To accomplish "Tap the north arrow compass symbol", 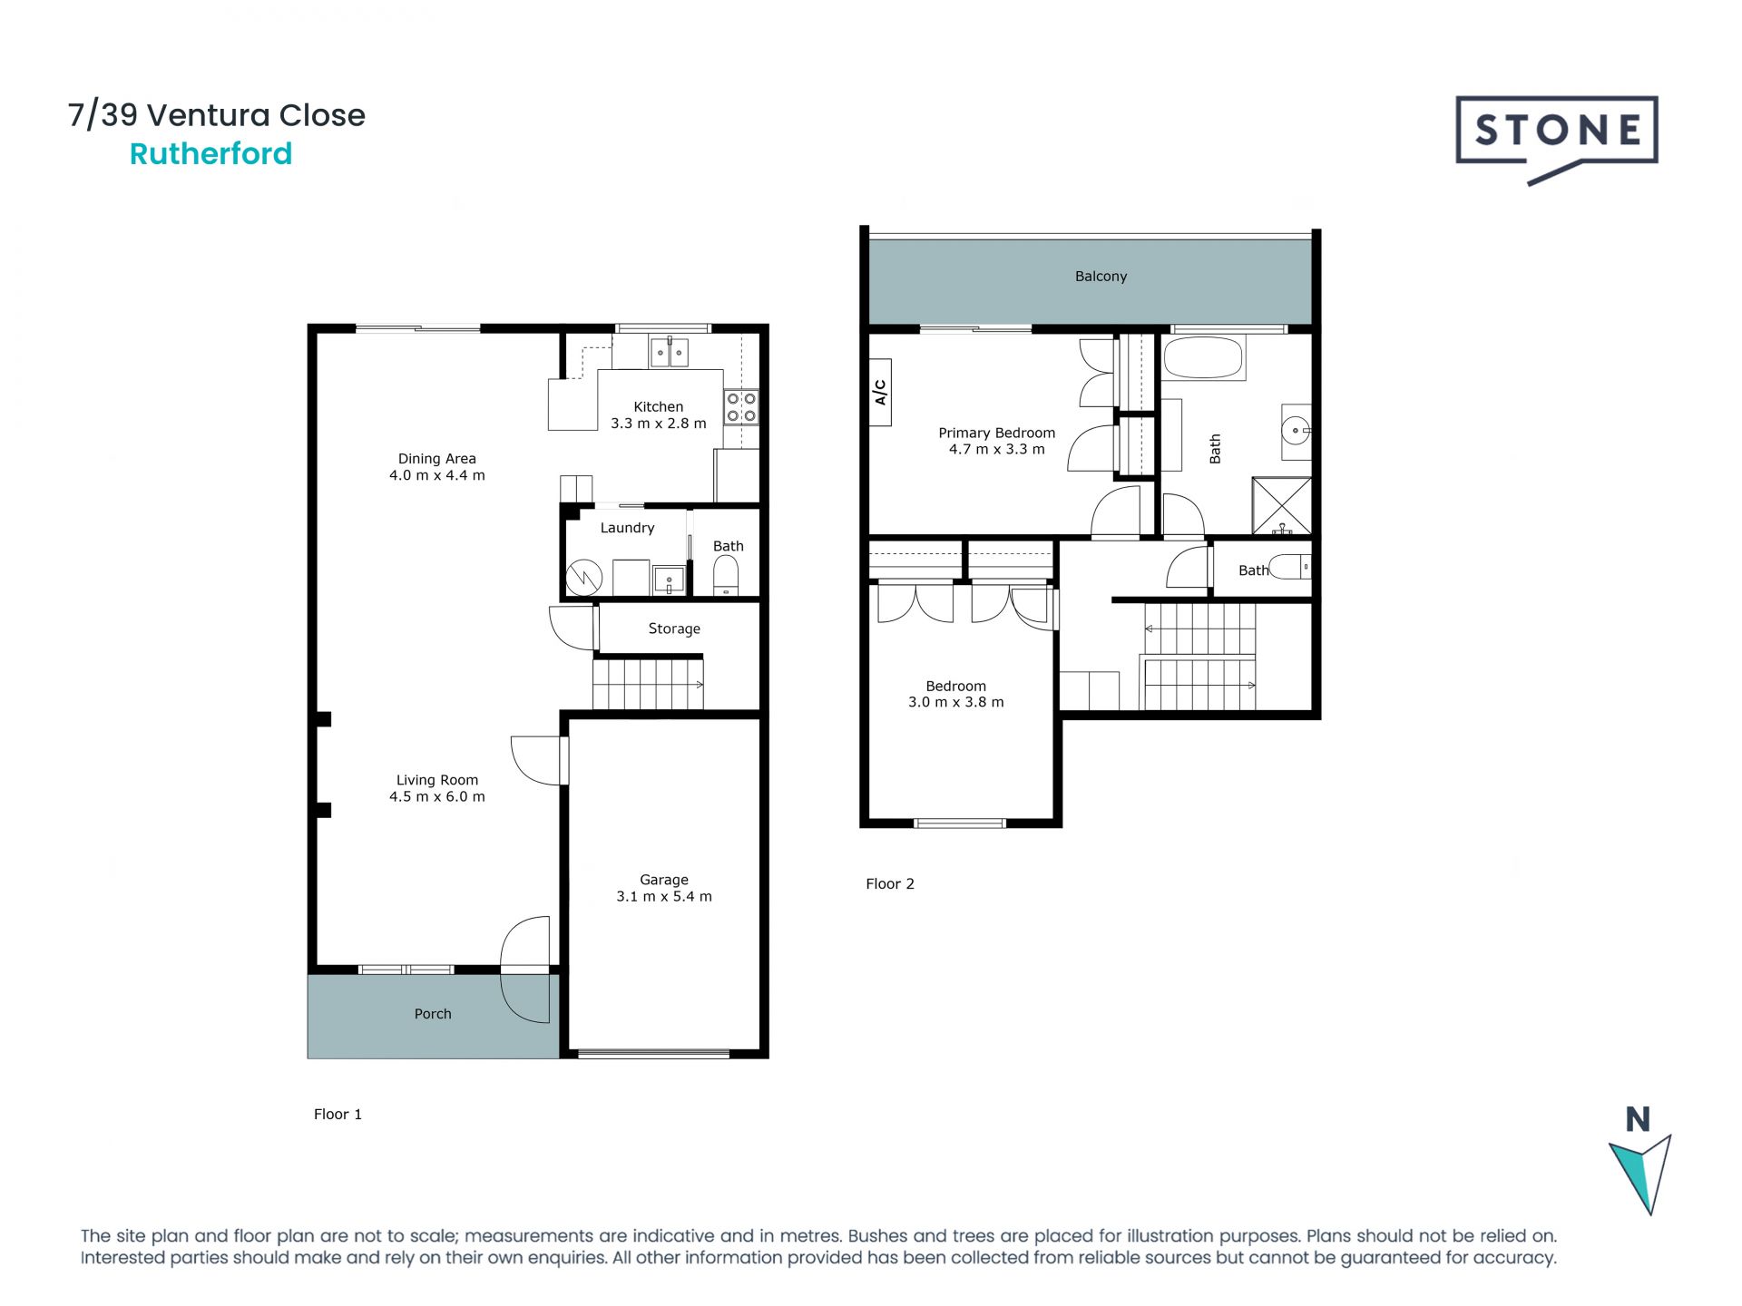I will (1640, 1171).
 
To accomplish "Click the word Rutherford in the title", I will (210, 154).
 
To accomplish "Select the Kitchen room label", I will (658, 407).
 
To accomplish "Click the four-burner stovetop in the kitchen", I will (740, 407).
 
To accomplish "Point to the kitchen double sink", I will (670, 352).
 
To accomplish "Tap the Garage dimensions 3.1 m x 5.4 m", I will (663, 897).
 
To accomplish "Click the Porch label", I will (433, 1014).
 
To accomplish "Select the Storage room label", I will (674, 629).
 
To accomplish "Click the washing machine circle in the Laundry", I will (584, 578).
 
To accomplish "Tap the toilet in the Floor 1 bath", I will (726, 574).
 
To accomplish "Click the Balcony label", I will (1101, 277).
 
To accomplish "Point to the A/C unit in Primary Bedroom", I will (880, 392).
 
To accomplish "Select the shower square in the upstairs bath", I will (1281, 505).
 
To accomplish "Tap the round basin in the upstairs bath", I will (1297, 431).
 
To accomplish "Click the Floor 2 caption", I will (889, 884).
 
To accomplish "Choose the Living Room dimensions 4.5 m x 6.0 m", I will (436, 797).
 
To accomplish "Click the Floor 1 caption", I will (338, 1115).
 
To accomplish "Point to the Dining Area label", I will (436, 459).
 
